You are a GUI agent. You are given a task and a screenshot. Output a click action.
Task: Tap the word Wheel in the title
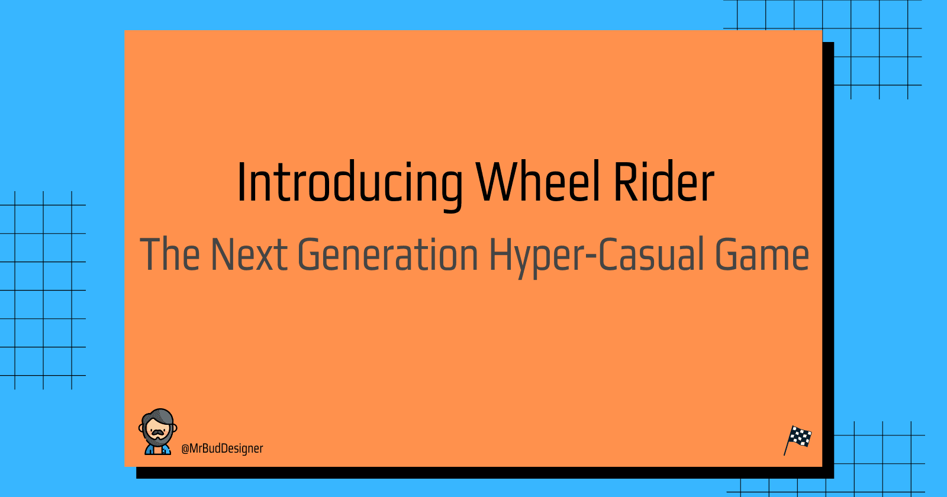(538, 182)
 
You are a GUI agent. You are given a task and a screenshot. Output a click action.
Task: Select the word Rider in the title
(663, 182)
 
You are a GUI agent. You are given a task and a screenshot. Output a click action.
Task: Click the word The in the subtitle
(170, 254)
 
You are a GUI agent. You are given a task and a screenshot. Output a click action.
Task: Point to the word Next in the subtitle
(249, 254)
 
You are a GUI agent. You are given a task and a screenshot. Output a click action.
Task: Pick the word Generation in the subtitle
(388, 254)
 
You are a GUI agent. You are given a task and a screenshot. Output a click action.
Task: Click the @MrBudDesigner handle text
(222, 448)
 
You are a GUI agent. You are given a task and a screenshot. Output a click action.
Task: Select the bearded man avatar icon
(157, 431)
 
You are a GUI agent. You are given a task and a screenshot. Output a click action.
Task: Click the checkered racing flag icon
(798, 440)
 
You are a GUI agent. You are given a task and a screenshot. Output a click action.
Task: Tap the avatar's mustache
(157, 433)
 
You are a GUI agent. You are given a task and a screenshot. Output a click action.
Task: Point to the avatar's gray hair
(159, 417)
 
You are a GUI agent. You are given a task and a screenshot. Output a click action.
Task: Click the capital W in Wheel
(497, 182)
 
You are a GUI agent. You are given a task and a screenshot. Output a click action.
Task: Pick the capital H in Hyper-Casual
(501, 254)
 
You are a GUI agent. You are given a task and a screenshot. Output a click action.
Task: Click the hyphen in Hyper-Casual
(590, 257)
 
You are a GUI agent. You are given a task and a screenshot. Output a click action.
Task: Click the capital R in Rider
(626, 182)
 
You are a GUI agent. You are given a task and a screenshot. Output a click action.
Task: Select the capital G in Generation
(310, 254)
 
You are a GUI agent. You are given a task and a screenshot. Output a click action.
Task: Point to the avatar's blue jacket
(157, 450)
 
